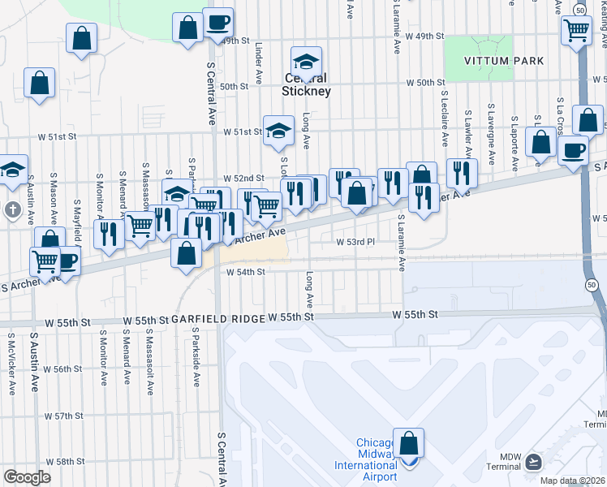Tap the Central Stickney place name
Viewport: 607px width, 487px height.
click(306, 85)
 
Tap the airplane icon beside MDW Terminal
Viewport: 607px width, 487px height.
click(533, 461)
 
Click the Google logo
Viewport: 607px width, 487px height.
click(27, 477)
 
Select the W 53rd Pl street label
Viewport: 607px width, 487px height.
click(355, 242)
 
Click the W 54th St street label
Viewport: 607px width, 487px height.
click(245, 272)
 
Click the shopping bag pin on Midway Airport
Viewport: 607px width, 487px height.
click(408, 444)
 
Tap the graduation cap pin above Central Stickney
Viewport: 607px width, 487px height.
click(306, 61)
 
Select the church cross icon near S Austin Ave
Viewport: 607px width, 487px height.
click(12, 210)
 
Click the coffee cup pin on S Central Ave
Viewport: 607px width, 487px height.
click(217, 23)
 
